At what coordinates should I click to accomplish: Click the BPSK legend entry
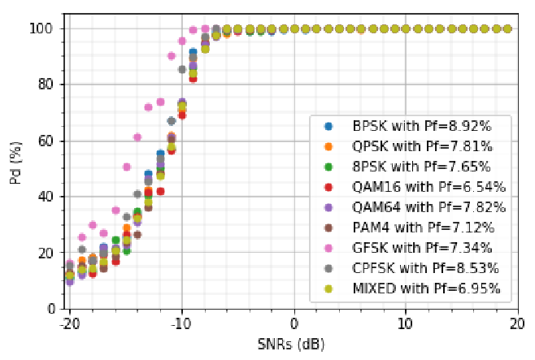(422, 126)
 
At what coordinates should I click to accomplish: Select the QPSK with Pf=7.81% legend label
(422, 146)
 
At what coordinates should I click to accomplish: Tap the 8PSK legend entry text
(421, 167)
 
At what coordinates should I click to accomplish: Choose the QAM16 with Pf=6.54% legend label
(428, 187)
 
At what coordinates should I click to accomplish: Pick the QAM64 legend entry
(428, 207)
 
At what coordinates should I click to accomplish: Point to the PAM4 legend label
(424, 228)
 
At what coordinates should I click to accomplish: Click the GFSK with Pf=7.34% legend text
(422, 248)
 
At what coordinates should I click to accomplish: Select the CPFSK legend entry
(425, 268)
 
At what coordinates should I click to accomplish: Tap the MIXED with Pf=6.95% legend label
(427, 288)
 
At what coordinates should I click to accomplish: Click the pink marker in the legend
(328, 248)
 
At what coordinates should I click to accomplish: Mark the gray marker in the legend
(328, 269)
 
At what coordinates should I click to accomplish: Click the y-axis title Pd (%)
(15, 163)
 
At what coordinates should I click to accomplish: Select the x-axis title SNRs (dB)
(291, 345)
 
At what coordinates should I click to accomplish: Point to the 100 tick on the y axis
(41, 28)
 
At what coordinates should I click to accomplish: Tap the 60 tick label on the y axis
(46, 141)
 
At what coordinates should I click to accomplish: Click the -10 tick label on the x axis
(180, 324)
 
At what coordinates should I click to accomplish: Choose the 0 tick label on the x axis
(294, 324)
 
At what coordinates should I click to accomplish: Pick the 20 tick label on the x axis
(517, 324)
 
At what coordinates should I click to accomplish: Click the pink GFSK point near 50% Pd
(127, 167)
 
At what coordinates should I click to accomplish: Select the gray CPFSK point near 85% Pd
(182, 70)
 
